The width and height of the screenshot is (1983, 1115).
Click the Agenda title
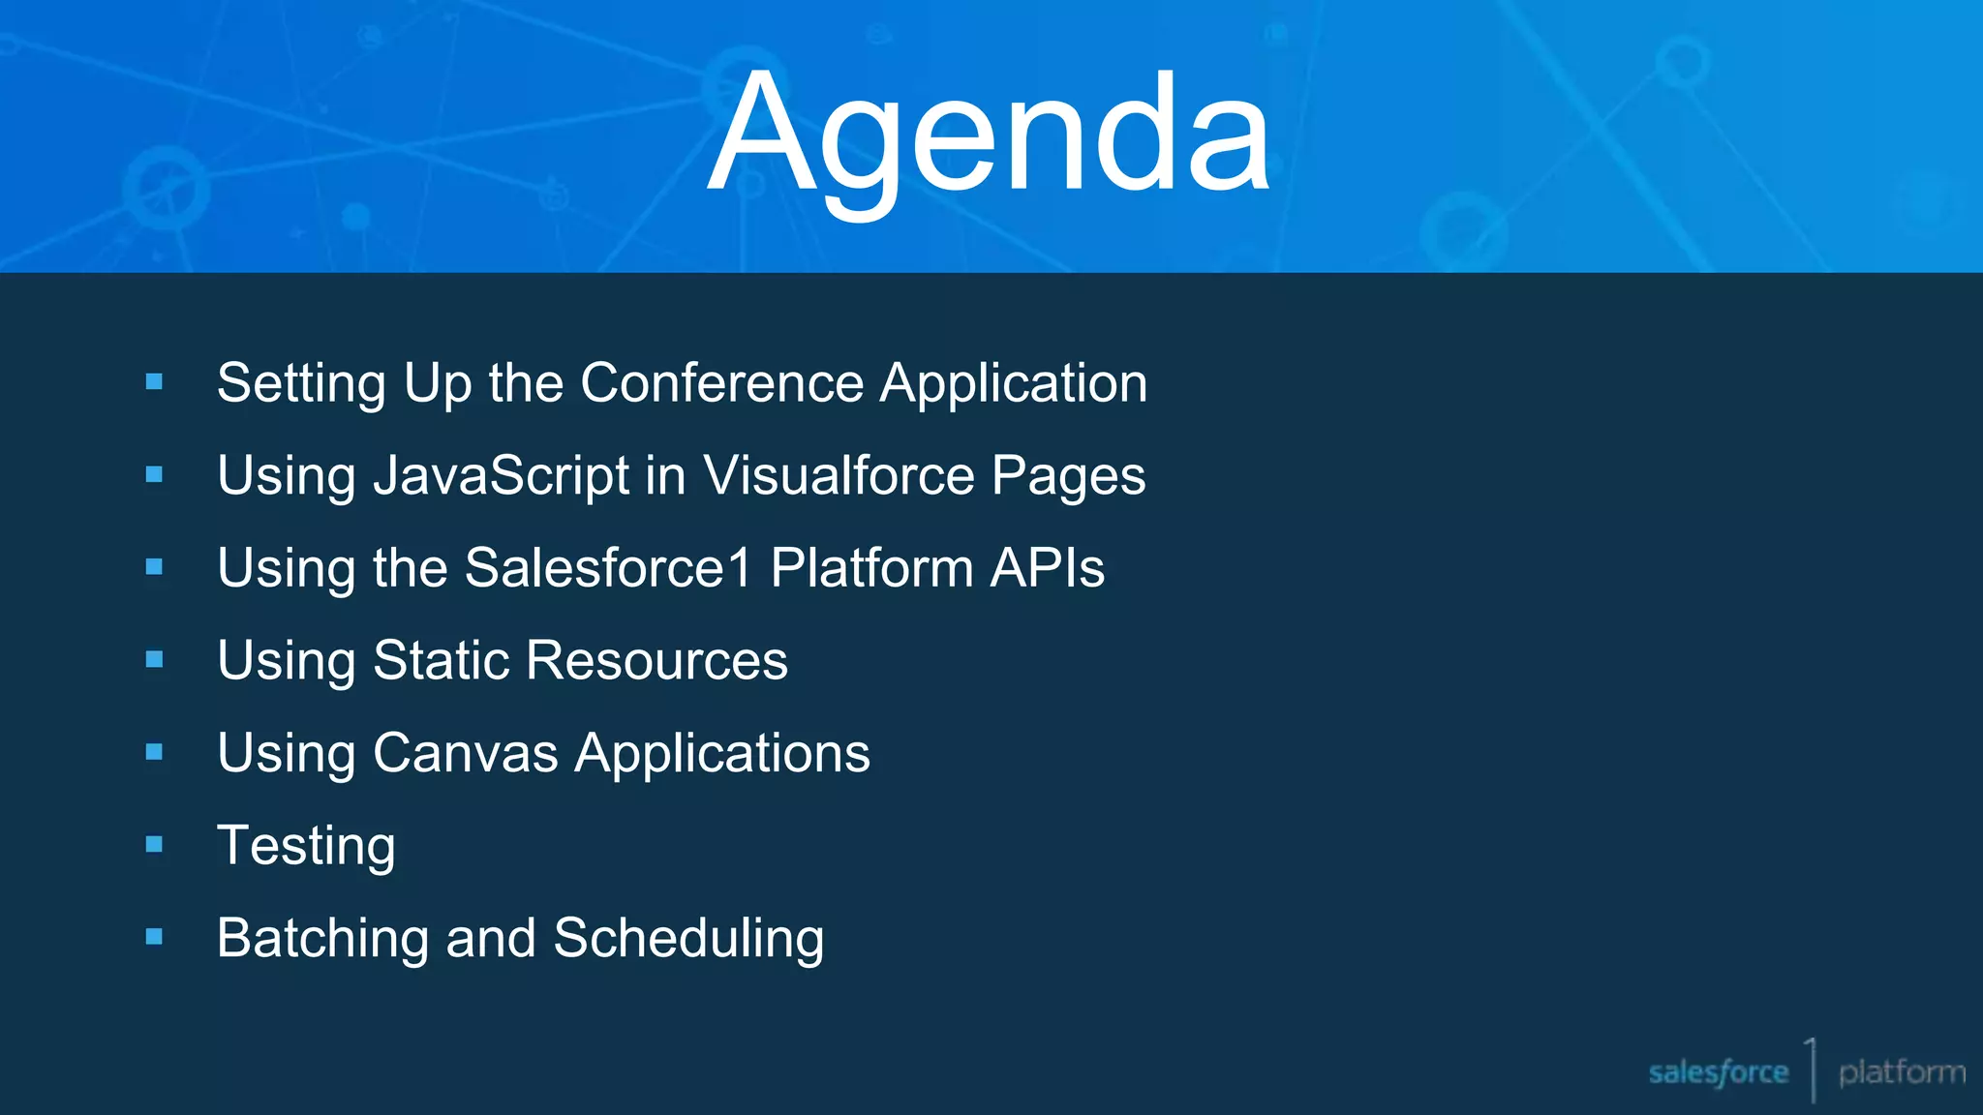pos(989,136)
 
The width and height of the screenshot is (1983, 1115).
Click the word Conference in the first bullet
pos(721,383)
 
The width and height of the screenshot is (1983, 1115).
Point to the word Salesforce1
pos(608,568)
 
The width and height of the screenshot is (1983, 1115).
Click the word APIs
pos(1047,568)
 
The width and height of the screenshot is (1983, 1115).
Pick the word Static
pos(442,661)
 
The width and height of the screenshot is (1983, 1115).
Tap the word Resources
pos(657,661)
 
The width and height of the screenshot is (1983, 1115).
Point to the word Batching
pos(322,939)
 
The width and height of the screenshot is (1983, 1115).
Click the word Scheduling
pos(688,939)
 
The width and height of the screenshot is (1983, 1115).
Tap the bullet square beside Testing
pos(154,845)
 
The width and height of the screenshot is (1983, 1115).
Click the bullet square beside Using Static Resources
pos(154,660)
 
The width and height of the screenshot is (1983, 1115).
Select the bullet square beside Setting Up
pos(154,382)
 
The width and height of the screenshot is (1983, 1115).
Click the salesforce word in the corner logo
pos(1718,1072)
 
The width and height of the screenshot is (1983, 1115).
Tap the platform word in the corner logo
pos(1902,1072)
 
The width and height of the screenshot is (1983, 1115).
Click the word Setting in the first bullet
pos(301,383)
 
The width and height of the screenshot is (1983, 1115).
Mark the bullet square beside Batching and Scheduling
pos(154,937)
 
